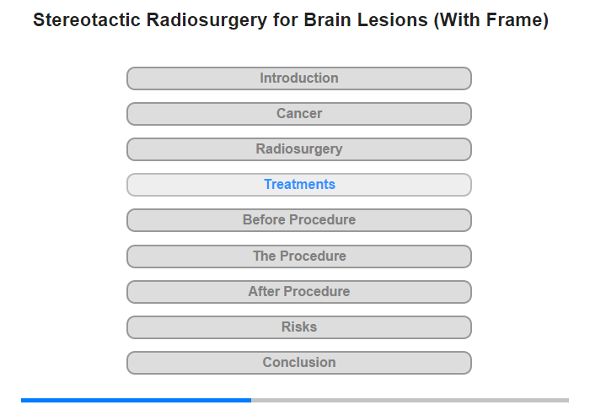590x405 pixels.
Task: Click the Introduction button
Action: (299, 78)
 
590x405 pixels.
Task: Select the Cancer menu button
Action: (299, 114)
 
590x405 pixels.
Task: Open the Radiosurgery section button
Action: (299, 149)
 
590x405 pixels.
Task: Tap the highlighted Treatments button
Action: (299, 185)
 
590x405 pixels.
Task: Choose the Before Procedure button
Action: (299, 220)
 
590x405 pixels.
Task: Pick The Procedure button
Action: (299, 256)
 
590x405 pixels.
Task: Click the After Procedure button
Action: (299, 292)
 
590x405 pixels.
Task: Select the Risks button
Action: (299, 327)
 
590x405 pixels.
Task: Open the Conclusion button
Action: (299, 363)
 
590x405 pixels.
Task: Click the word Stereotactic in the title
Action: (87, 19)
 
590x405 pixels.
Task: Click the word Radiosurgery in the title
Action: (206, 20)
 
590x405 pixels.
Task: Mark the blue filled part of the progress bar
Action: (137, 400)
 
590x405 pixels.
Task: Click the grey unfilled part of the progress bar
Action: (410, 400)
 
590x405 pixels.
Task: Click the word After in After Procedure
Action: (264, 291)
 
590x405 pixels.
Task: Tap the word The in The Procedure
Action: (265, 256)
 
